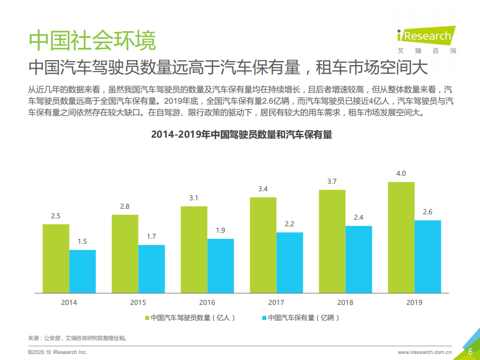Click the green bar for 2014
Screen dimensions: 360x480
point(56,258)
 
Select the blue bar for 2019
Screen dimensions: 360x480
point(427,256)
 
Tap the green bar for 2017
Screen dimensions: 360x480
point(263,245)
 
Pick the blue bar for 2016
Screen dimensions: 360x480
point(220,265)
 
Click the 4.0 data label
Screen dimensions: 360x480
point(401,173)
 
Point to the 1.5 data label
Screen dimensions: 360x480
point(82,241)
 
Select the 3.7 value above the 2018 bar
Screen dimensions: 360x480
point(332,181)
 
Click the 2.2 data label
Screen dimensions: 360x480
point(289,224)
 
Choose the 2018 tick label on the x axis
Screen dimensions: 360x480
point(345,302)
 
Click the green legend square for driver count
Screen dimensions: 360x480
point(147,317)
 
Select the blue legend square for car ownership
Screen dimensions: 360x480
point(264,317)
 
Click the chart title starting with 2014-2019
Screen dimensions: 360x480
point(241,135)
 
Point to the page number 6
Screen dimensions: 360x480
point(470,351)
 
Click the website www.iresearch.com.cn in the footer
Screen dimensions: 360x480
point(425,352)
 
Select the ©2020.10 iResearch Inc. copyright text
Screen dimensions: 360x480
point(58,352)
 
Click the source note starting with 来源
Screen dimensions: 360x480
point(78,338)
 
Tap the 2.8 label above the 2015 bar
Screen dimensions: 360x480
point(125,206)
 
